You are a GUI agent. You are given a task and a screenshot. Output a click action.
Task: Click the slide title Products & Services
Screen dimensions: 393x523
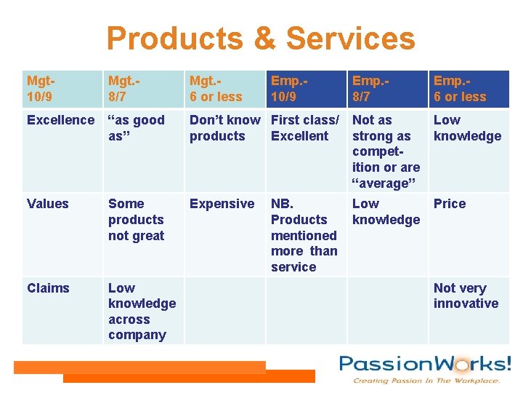point(260,38)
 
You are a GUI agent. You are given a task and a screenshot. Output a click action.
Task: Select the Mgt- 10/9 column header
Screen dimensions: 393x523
point(43,89)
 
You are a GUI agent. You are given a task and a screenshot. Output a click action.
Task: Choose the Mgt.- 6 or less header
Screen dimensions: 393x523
point(216,89)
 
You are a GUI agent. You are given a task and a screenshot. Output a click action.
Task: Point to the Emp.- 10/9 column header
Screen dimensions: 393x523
point(290,89)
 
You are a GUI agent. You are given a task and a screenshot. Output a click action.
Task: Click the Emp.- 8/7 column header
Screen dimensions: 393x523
point(371,89)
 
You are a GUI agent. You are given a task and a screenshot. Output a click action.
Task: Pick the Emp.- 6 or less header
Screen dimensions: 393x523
point(460,89)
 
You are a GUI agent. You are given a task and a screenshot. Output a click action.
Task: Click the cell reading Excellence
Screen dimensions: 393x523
point(60,120)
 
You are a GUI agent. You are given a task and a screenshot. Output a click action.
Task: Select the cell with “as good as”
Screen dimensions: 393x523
point(136,128)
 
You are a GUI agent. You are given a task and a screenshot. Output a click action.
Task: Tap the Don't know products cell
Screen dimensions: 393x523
point(224,128)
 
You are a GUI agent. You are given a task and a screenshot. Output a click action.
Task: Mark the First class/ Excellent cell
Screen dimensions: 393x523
point(304,128)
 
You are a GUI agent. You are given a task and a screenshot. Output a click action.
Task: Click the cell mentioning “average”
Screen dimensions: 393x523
point(386,151)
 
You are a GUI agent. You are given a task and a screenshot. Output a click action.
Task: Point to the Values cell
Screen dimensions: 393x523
point(48,204)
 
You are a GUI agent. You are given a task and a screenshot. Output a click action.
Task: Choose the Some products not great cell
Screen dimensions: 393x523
point(136,220)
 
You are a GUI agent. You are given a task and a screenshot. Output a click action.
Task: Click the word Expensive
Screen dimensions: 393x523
point(222,204)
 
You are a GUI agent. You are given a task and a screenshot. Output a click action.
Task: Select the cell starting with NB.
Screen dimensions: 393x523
point(304,235)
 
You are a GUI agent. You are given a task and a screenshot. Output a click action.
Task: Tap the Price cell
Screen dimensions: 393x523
point(450,204)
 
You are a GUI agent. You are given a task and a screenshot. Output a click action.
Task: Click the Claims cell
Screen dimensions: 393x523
point(48,288)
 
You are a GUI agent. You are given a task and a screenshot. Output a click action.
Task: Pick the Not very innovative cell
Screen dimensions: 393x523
point(466,296)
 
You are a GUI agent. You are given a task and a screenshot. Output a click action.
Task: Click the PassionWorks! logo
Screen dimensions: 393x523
point(425,368)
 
